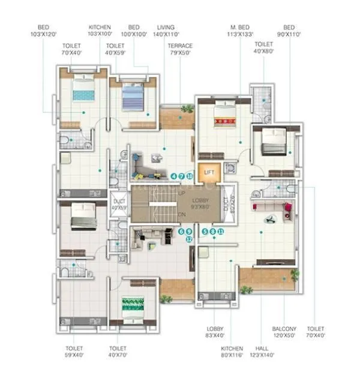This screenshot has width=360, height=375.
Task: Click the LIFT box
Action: point(209,172)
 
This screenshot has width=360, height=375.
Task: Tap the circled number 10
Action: point(190,176)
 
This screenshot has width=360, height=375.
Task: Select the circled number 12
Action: point(189,239)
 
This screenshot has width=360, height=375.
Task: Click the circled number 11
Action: point(221,231)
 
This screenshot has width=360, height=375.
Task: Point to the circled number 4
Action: point(173,176)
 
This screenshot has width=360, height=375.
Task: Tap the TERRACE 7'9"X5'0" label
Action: point(180,49)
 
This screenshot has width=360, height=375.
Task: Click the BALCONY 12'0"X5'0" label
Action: point(284,333)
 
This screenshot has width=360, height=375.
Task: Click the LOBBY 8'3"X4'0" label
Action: point(215,333)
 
